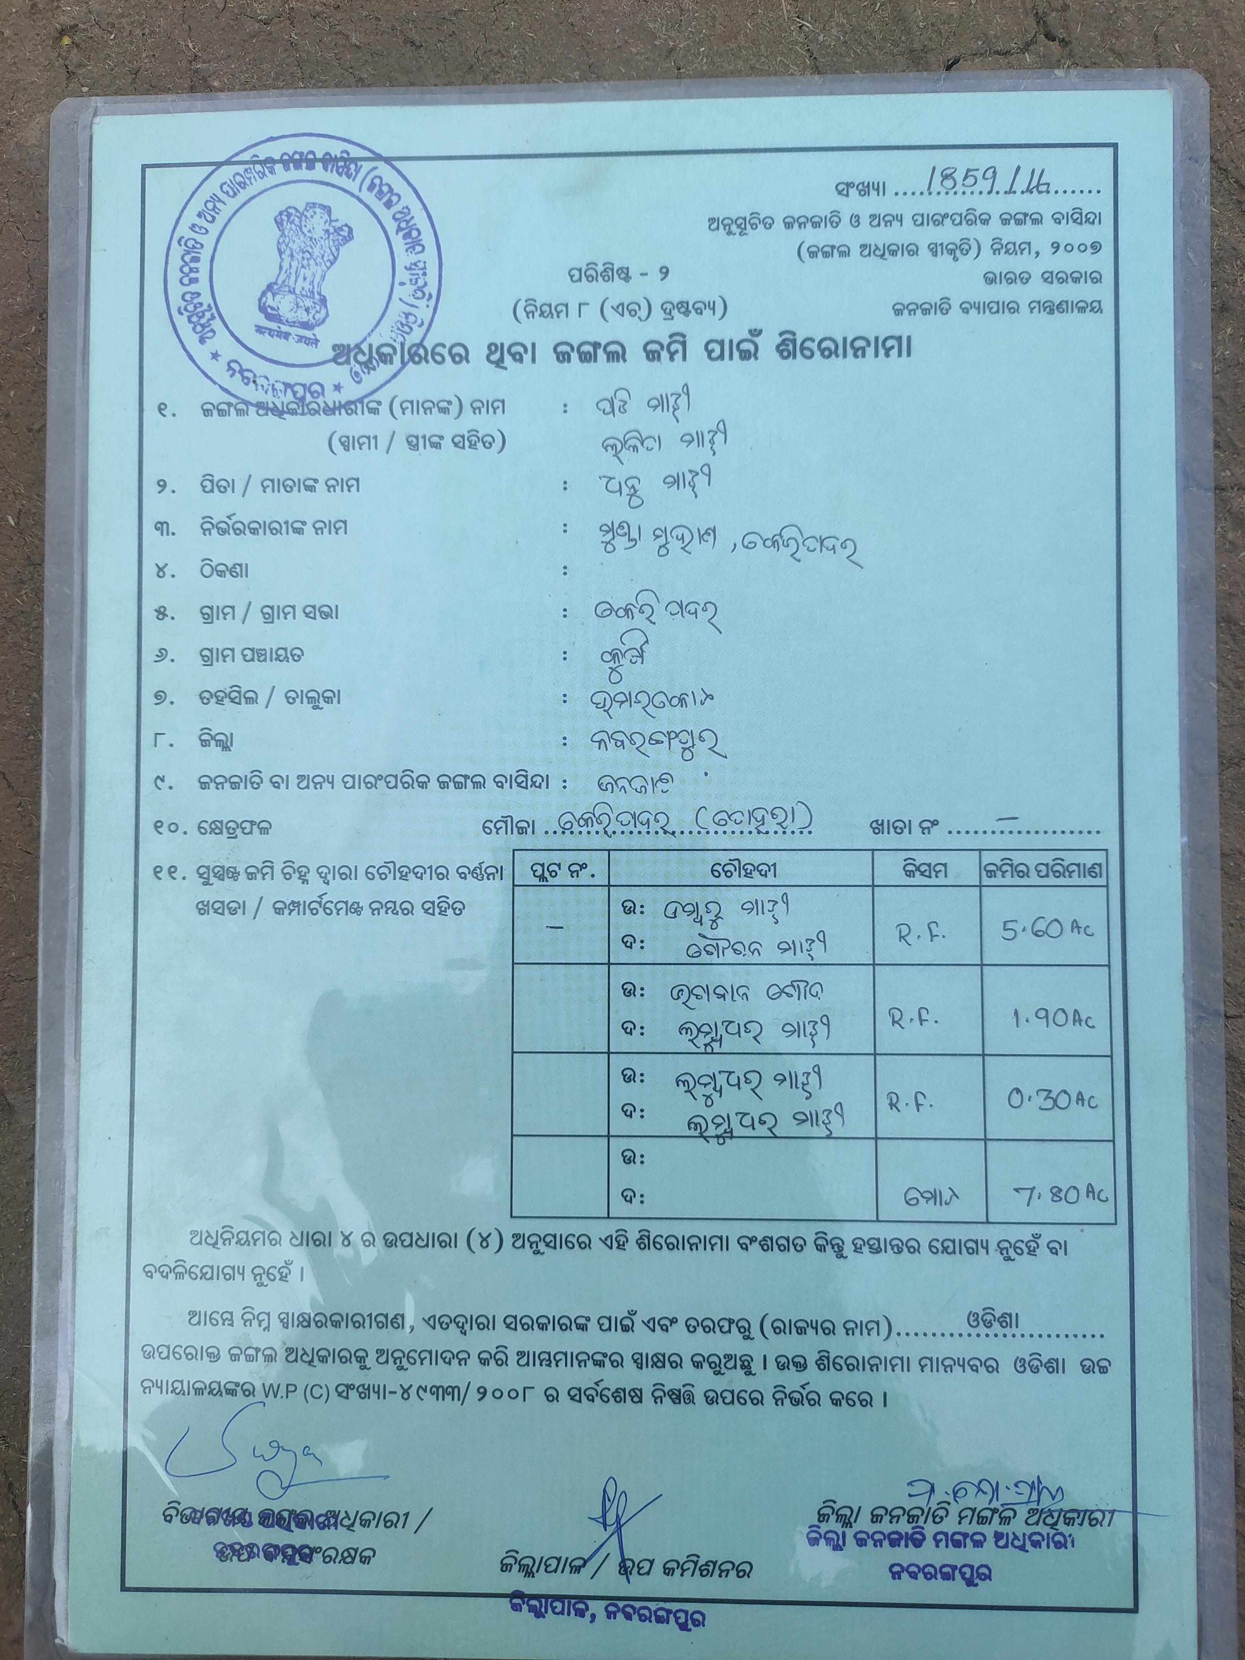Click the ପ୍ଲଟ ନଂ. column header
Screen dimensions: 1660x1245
pos(560,871)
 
